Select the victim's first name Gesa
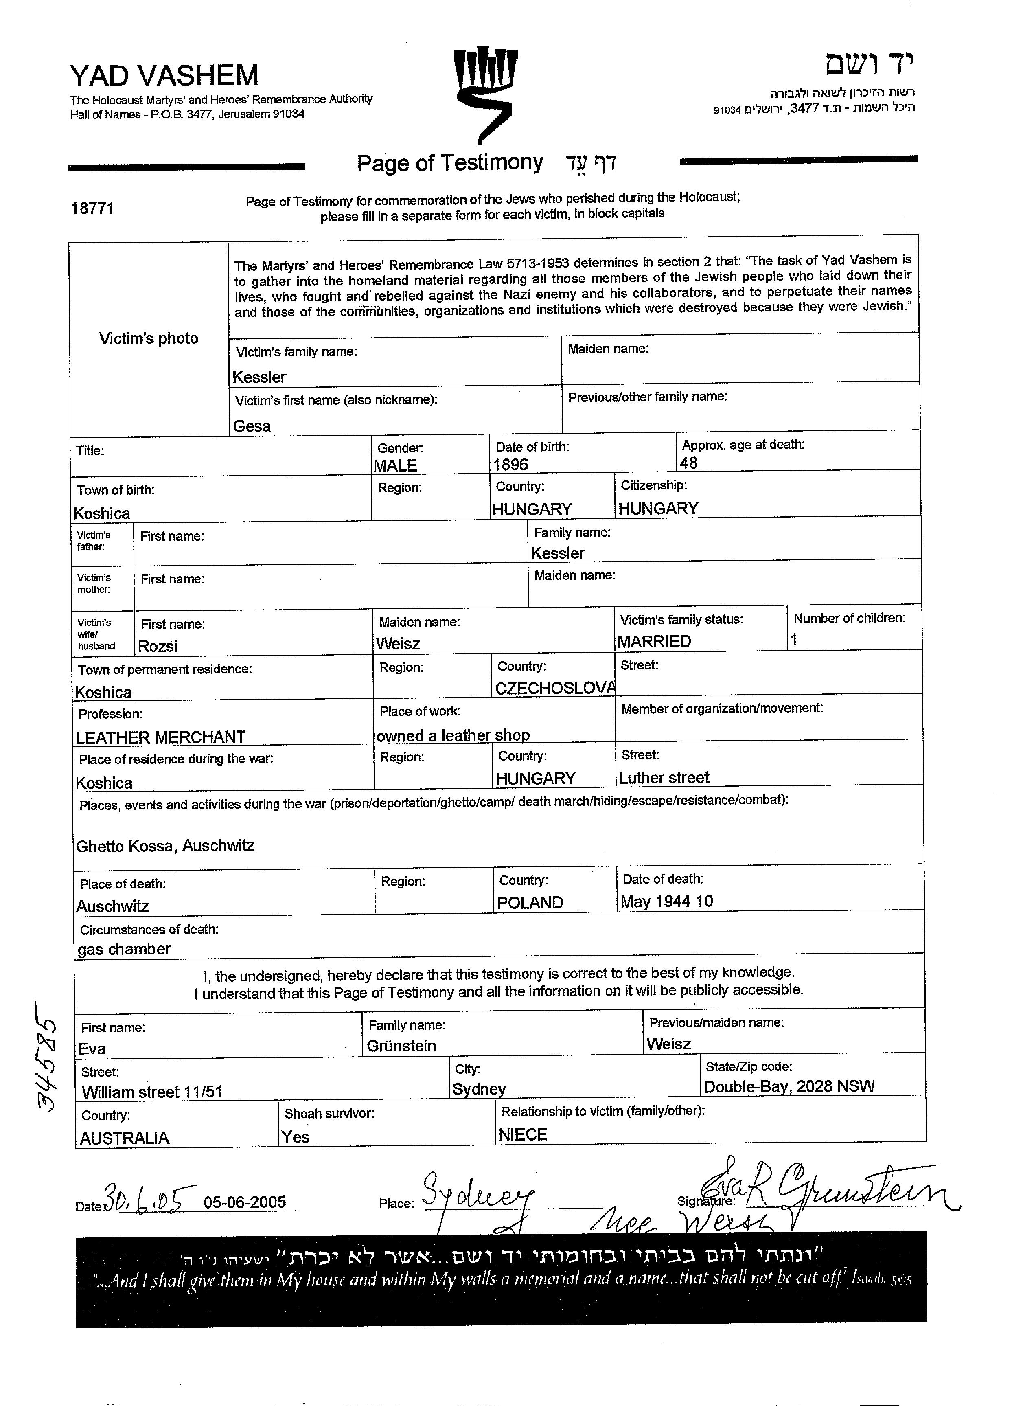click(x=252, y=426)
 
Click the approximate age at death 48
click(x=688, y=463)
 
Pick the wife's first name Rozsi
click(x=158, y=646)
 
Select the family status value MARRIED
click(x=655, y=642)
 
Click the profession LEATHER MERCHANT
click(x=160, y=737)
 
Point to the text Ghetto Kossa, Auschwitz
click(x=165, y=846)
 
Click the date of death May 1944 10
click(x=667, y=902)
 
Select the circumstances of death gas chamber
click(x=124, y=949)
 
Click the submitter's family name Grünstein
click(x=401, y=1046)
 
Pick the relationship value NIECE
click(x=523, y=1135)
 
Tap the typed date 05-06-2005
click(x=245, y=1203)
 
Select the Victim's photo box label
click(x=149, y=338)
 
